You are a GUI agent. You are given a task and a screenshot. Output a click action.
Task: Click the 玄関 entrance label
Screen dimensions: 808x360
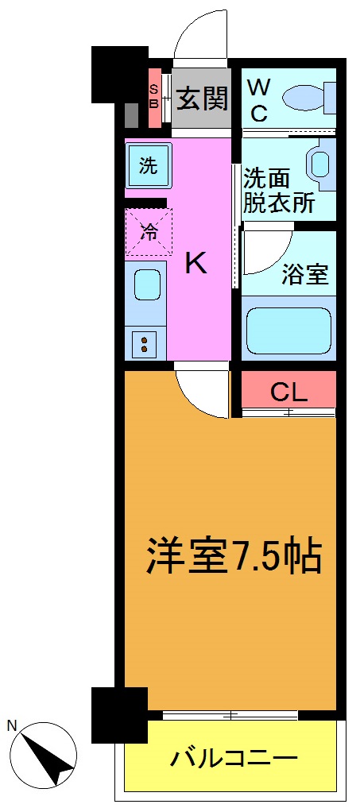202,99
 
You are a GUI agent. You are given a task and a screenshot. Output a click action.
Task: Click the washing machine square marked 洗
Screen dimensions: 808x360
148,166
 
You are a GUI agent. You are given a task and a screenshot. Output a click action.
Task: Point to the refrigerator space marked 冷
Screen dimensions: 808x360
149,231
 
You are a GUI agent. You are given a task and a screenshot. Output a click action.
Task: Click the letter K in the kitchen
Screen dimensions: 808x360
195,263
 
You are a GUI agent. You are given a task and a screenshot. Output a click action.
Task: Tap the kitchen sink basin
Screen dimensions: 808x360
145,284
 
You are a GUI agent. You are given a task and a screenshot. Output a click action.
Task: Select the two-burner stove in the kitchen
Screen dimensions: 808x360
145,344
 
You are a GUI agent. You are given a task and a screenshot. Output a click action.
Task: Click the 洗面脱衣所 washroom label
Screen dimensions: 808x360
278,190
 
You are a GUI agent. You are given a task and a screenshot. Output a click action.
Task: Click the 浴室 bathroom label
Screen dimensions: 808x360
305,275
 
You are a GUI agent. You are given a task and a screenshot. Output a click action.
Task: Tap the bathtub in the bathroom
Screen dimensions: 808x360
288,329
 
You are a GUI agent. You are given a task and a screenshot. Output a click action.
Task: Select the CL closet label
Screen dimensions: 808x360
288,391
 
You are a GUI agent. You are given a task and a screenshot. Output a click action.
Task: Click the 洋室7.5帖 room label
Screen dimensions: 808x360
233,557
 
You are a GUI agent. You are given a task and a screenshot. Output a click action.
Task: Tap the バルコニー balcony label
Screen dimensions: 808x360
233,757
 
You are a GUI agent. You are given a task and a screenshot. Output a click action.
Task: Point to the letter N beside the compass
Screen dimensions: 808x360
12,725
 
